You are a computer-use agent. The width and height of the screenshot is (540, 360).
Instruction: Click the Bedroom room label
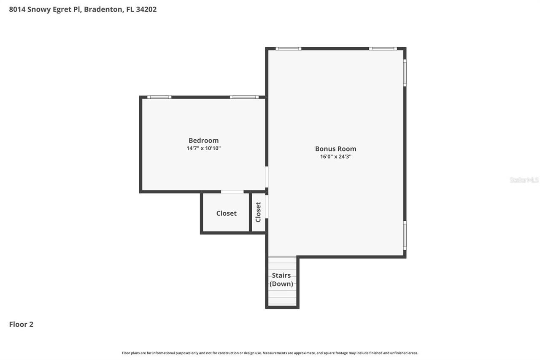tap(203, 141)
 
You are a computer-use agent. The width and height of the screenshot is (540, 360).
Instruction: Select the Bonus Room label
tap(335, 149)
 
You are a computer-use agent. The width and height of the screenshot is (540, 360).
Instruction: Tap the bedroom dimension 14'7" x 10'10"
tap(203, 149)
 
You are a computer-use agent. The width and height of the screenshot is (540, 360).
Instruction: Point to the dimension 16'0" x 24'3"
tap(335, 157)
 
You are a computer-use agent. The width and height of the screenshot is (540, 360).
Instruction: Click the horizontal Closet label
tap(226, 213)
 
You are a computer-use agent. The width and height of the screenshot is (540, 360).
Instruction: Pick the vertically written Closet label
tap(258, 212)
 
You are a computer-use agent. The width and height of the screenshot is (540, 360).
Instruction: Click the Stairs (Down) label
tap(281, 279)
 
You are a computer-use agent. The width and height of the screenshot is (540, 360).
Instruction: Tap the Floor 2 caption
tap(21, 324)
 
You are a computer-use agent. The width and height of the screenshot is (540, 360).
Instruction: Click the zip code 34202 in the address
tap(146, 9)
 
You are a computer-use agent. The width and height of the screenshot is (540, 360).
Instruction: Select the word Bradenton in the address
tap(103, 9)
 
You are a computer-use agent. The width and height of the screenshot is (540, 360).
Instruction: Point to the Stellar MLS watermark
tap(524, 180)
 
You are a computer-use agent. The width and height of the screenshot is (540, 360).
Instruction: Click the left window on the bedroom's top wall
tap(159, 97)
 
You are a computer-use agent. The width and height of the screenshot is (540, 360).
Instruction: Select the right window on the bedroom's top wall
tap(244, 97)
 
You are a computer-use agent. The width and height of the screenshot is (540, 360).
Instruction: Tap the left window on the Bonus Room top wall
tap(288, 49)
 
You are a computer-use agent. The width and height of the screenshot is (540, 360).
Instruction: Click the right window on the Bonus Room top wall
tap(383, 49)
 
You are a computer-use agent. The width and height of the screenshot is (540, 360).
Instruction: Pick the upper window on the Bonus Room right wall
tap(405, 73)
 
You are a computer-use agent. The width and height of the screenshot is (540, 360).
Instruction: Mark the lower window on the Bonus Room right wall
tap(405, 235)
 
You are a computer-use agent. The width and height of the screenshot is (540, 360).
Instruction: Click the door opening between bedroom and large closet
tap(232, 192)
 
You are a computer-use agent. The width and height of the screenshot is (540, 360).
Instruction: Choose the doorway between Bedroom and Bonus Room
tap(267, 177)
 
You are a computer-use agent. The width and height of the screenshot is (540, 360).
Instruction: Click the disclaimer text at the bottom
tap(270, 353)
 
